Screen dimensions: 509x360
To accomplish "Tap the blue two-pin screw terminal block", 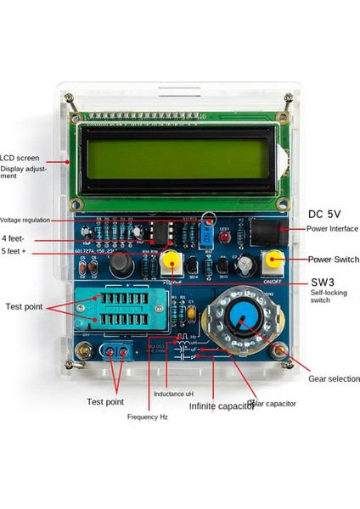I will coord(116,352).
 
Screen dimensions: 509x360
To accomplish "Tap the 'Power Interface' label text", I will coord(331,228).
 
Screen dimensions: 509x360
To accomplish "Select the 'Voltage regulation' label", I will coord(25,220).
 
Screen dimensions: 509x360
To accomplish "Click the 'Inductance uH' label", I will coord(175,394).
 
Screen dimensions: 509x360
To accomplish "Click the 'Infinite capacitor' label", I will coord(221,406).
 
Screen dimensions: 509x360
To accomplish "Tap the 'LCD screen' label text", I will coord(20,158).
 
